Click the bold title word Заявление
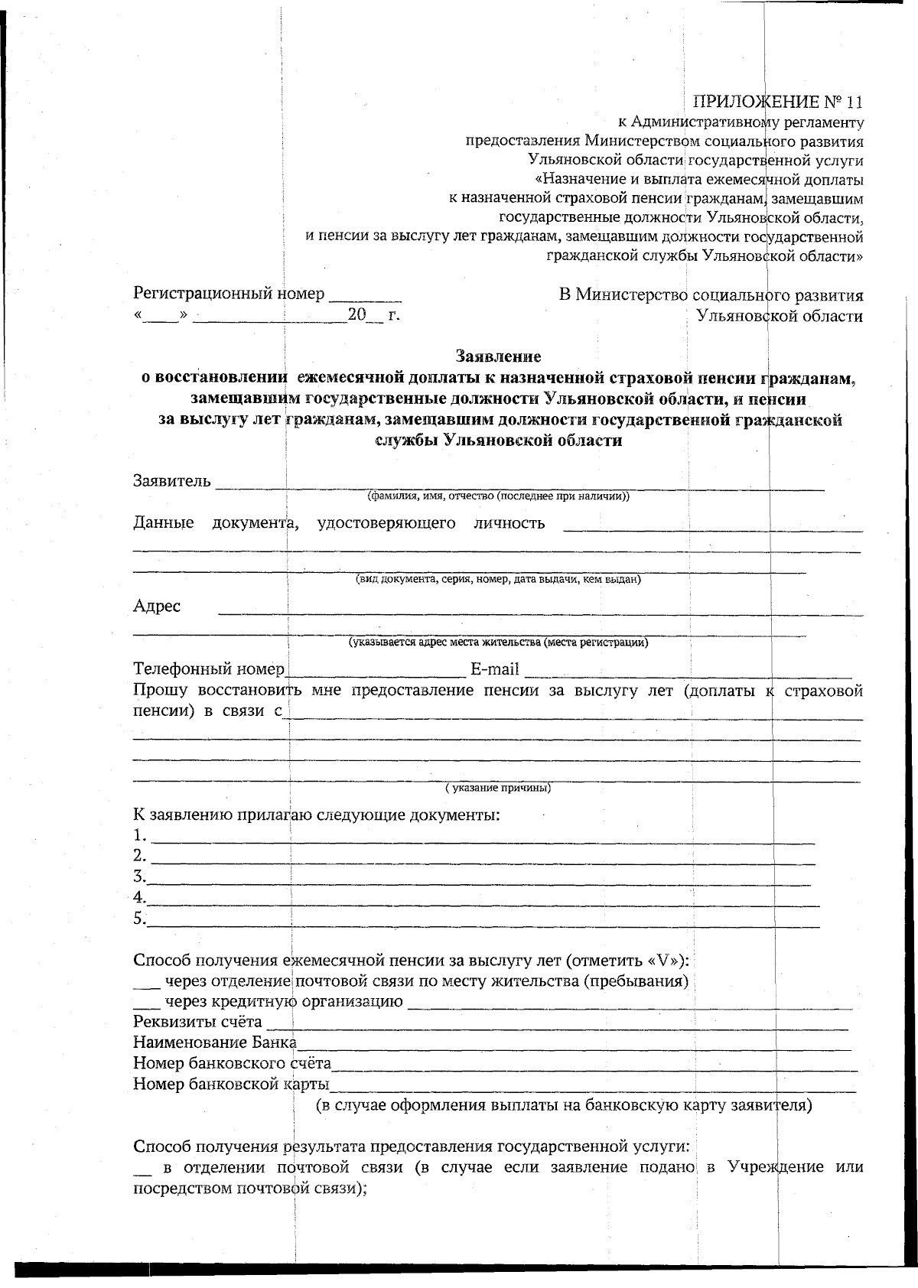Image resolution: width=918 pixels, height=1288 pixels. click(498, 356)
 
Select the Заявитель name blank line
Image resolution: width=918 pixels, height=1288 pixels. click(520, 485)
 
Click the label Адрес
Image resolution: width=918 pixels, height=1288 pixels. click(157, 607)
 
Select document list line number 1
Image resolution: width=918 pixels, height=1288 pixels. click(482, 839)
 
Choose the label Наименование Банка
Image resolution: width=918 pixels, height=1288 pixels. click(215, 1042)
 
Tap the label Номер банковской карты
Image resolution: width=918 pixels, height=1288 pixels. click(231, 1084)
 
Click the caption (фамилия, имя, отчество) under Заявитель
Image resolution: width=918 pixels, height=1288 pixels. click(498, 496)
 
